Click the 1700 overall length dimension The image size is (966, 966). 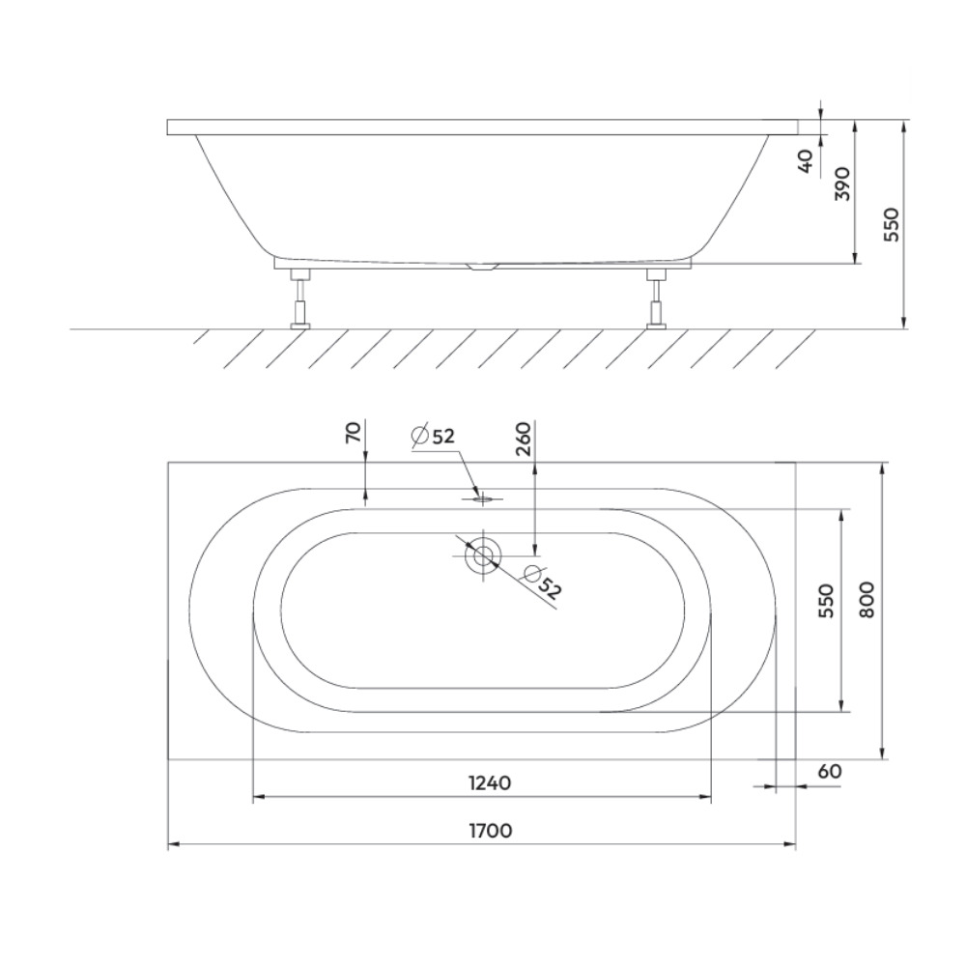[x=491, y=831]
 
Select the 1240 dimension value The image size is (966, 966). [x=491, y=783]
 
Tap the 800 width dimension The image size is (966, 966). [x=866, y=600]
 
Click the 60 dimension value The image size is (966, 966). [x=831, y=771]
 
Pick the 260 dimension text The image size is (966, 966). [x=523, y=438]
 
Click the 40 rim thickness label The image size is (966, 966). [x=806, y=161]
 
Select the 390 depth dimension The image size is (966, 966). [x=842, y=184]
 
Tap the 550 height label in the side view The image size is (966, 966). [x=892, y=225]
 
